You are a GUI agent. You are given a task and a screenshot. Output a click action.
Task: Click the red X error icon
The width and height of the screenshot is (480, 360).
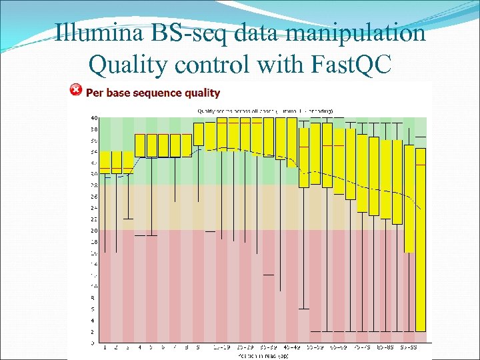tap(76, 90)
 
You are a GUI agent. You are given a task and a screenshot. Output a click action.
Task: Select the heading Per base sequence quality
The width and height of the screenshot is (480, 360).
tap(153, 93)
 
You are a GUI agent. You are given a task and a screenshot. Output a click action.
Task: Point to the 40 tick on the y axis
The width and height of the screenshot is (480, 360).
tap(94, 118)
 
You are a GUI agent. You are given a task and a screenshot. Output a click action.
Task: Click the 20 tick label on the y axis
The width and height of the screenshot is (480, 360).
tap(94, 231)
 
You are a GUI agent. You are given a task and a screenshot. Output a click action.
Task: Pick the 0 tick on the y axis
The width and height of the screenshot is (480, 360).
tap(94, 343)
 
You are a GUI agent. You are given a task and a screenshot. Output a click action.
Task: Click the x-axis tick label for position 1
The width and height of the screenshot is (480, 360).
tap(105, 348)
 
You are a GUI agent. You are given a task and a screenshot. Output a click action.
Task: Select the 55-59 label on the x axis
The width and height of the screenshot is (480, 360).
tap(315, 348)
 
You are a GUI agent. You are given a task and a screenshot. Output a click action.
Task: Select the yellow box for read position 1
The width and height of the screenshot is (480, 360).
tap(105, 162)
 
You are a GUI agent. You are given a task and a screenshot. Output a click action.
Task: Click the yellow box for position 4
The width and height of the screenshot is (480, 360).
tap(140, 145)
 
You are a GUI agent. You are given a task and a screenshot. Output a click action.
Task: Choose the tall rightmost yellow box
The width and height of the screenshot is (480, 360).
tap(420, 240)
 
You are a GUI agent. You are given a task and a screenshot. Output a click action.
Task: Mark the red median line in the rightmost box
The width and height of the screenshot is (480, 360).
tap(420, 148)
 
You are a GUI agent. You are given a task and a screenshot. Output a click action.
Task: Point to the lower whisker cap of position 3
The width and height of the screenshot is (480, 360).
tap(128, 219)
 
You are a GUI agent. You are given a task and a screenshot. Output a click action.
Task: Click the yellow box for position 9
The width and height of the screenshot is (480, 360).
tap(199, 133)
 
